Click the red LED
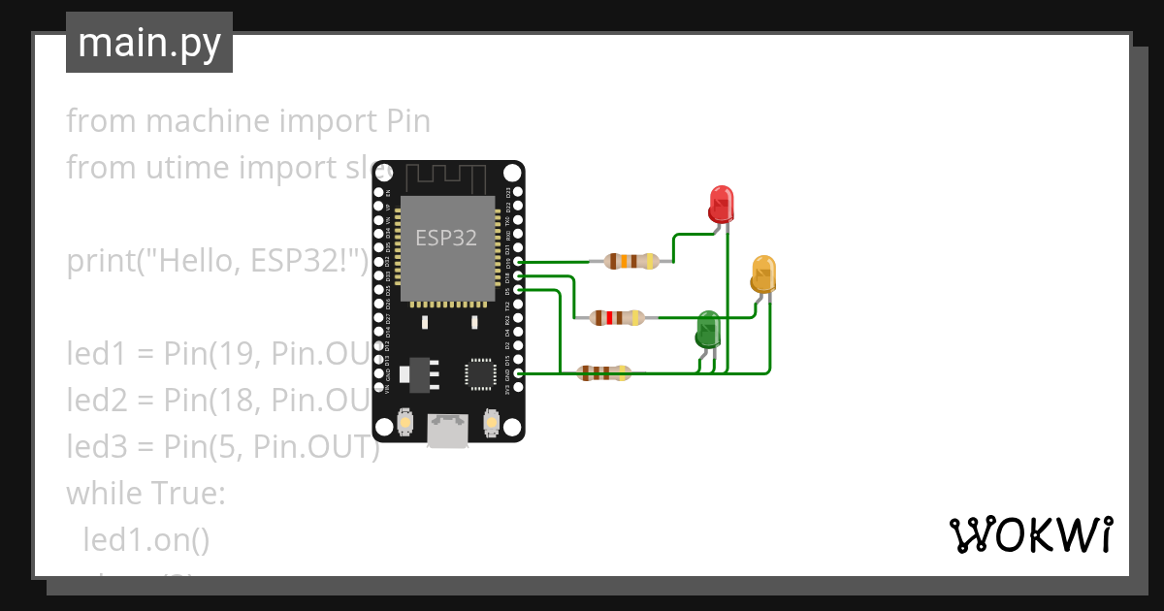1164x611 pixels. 721,204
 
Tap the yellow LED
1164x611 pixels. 763,274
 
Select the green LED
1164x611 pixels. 708,330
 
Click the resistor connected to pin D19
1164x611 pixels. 631,261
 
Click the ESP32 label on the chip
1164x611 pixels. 446,238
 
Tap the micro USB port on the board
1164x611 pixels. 447,430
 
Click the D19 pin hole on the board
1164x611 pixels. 519,262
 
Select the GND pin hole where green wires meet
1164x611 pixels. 519,373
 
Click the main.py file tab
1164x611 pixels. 149,43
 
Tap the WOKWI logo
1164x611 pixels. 1029,534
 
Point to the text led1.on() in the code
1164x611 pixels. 146,539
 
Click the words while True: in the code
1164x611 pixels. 145,494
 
